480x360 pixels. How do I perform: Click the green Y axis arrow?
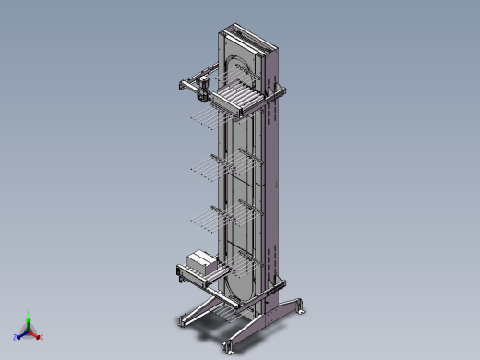click(29, 316)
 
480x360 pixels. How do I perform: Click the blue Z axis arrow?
click(18, 333)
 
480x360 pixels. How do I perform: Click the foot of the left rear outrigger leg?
click(182, 322)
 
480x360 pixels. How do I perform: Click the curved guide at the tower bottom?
click(242, 284)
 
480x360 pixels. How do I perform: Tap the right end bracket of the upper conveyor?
click(279, 90)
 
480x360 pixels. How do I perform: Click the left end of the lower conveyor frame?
click(180, 270)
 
